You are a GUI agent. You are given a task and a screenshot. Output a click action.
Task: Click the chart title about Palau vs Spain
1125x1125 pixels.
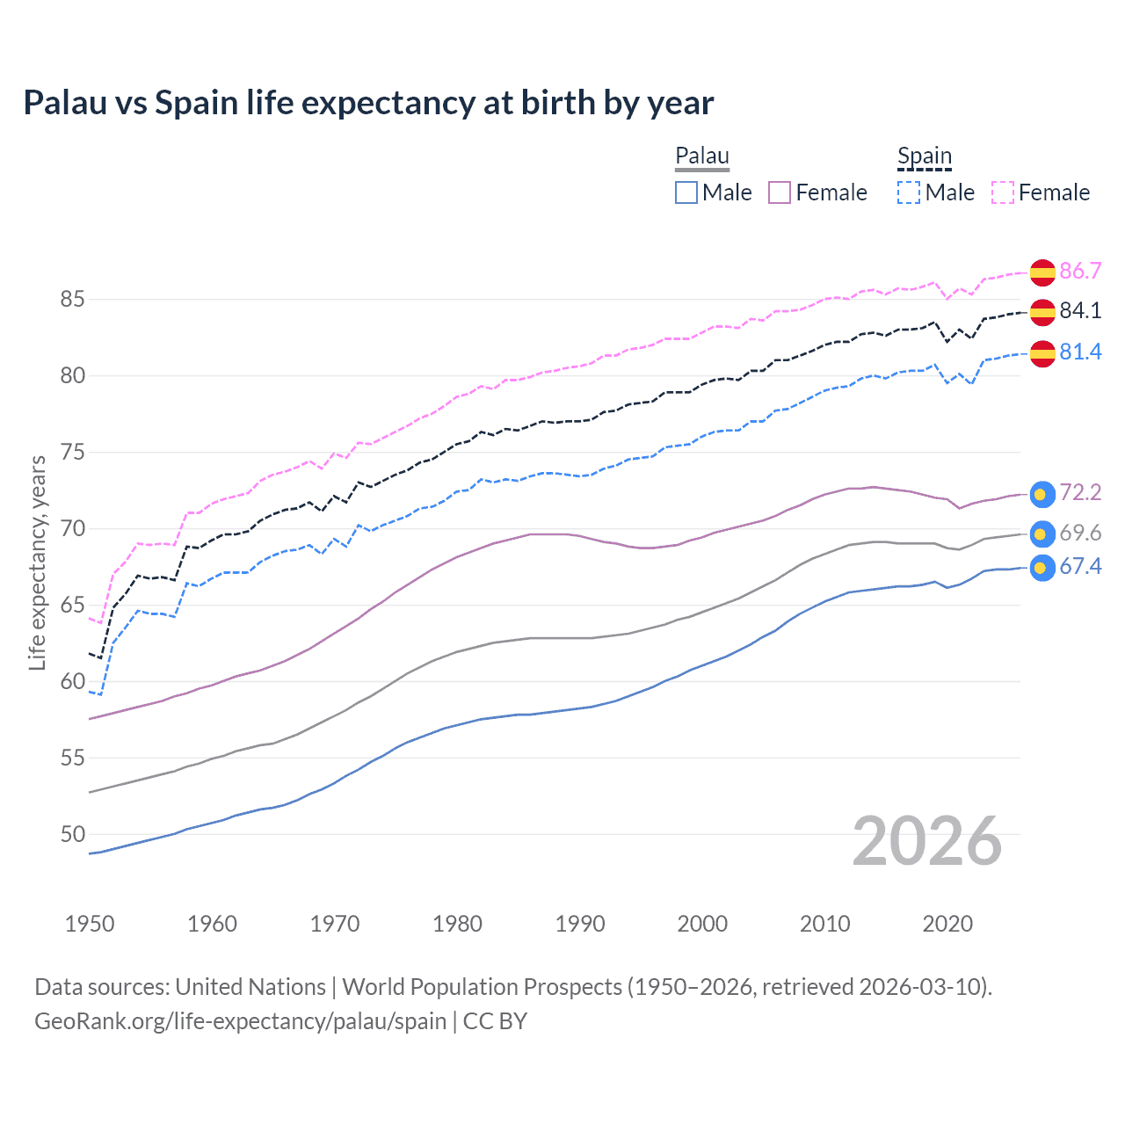pos(368,103)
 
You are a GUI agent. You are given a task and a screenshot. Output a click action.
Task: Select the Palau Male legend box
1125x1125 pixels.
pos(686,192)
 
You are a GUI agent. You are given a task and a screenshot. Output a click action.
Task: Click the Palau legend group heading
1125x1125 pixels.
pos(702,156)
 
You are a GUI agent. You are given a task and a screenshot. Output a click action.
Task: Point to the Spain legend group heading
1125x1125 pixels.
pos(925,156)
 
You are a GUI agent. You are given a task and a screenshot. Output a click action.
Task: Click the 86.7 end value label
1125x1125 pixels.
pos(1080,271)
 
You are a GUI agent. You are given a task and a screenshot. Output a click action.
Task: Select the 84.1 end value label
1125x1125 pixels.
pos(1080,310)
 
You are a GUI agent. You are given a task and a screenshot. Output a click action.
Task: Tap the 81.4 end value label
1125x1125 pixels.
pos(1080,352)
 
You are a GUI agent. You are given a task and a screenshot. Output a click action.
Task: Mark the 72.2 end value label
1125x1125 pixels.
pos(1080,492)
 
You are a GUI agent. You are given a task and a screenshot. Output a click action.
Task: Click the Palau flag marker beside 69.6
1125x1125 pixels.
pos(1042,533)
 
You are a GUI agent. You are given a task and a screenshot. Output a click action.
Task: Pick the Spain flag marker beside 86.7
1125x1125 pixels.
pos(1042,272)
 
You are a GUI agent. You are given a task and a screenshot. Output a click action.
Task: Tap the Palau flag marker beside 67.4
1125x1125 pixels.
pos(1042,568)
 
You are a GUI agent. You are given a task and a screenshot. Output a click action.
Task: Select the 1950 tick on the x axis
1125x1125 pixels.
pos(90,924)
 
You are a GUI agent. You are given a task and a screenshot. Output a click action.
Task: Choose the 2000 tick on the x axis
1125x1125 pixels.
pos(702,924)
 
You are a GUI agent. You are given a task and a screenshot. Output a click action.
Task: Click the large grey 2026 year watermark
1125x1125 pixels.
pos(926,841)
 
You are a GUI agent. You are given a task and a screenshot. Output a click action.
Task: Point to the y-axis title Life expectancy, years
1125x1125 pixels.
pos(38,562)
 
